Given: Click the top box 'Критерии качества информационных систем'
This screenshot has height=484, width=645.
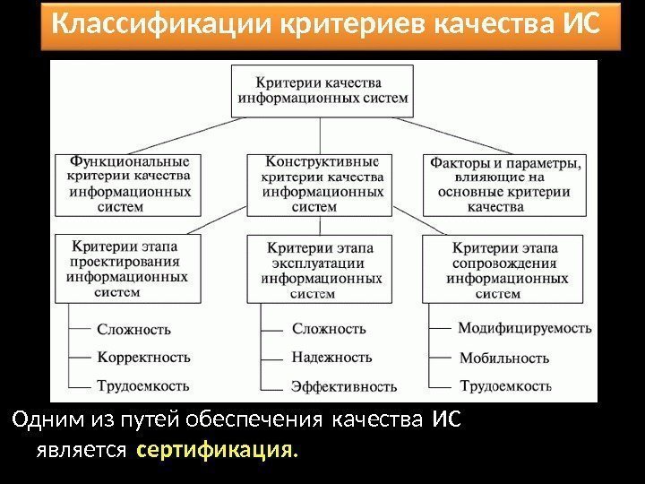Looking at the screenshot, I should pyautogui.click(x=322, y=91).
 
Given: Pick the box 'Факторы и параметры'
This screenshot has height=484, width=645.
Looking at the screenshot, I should pyautogui.click(x=506, y=185).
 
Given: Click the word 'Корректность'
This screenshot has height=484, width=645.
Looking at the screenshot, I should pyautogui.click(x=143, y=357).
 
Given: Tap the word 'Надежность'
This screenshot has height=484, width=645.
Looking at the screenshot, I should pyautogui.click(x=331, y=357).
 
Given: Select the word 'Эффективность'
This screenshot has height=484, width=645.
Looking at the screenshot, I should pyautogui.click(x=344, y=387).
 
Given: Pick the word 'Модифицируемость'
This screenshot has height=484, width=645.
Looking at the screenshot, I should pyautogui.click(x=524, y=328).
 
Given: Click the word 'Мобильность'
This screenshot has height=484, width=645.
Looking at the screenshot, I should pyautogui.click(x=503, y=358).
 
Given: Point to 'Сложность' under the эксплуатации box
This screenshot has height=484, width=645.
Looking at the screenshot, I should pyautogui.click(x=329, y=328).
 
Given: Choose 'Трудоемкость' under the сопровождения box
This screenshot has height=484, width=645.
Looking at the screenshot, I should pyautogui.click(x=504, y=386).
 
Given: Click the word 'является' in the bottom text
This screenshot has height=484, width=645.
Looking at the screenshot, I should pyautogui.click(x=81, y=449).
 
